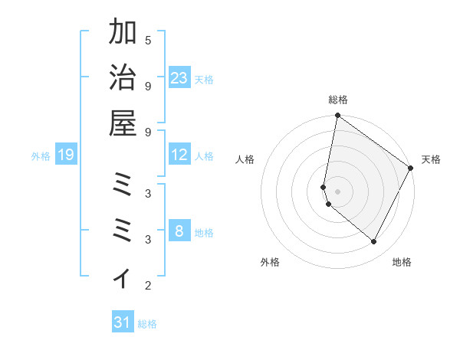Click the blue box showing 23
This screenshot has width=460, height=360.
pos(179,78)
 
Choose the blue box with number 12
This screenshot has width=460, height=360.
pos(179,155)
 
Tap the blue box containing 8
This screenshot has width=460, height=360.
pos(179,231)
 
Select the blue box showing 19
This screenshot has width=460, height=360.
pos(66,155)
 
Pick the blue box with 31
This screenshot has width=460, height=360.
pos(123,323)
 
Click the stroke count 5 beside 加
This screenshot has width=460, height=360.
pos(148,40)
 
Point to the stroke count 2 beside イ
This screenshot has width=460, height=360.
pos(148,286)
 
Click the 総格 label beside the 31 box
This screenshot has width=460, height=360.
pos(147,324)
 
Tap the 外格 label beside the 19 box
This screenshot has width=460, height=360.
pos(41,156)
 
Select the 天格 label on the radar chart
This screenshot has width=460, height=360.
pos(431,159)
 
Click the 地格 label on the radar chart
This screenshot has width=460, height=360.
pos(402,262)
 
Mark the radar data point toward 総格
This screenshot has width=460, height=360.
pos(337,116)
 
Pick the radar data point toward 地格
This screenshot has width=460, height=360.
pos(374,241)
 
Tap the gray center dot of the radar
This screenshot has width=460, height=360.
pos(337,191)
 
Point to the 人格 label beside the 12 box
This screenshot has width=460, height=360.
pos(204,156)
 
